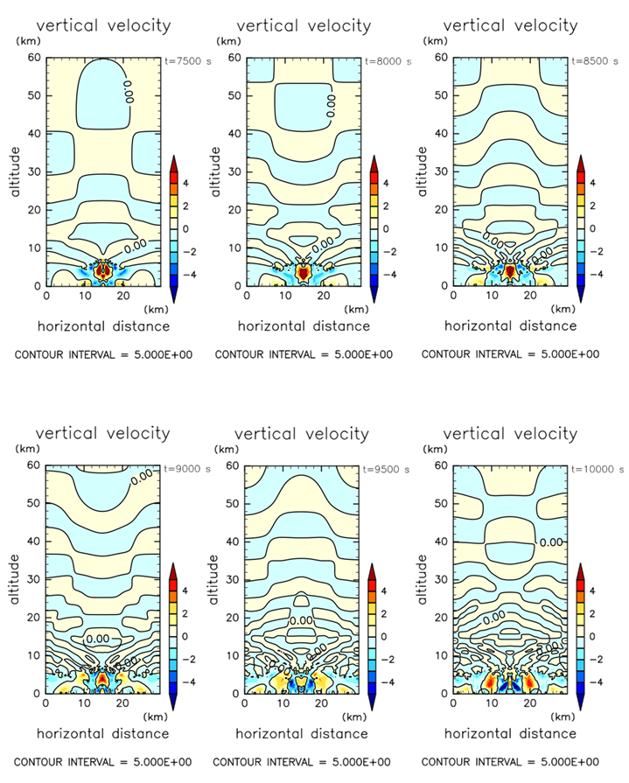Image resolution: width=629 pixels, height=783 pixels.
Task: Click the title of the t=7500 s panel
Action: pyautogui.click(x=103, y=26)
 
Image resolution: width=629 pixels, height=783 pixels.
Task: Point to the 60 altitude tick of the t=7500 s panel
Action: pyautogui.click(x=36, y=57)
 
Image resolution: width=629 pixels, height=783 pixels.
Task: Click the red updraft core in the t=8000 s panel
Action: pyautogui.click(x=303, y=272)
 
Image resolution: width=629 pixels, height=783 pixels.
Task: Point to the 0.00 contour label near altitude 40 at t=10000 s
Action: pyautogui.click(x=551, y=542)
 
